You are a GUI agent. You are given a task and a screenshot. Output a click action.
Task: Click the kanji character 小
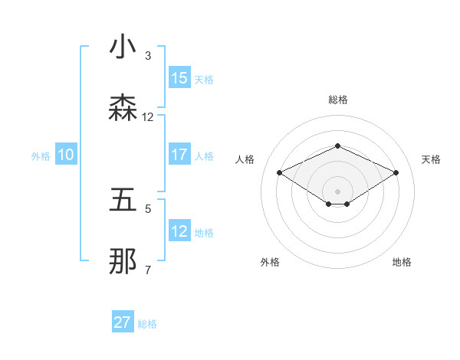(x=123, y=47)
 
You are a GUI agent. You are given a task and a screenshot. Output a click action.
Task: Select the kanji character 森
(x=123, y=109)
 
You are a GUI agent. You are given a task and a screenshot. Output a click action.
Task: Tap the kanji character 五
(x=123, y=201)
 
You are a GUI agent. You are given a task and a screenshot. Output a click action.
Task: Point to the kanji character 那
(x=123, y=262)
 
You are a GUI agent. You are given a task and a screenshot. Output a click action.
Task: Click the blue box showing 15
(x=179, y=78)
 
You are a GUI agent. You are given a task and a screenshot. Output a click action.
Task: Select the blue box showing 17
(x=179, y=155)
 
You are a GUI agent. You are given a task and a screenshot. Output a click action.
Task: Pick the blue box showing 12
(x=179, y=231)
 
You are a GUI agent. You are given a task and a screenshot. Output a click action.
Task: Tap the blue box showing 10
(x=66, y=155)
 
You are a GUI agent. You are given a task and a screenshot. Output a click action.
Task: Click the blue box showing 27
(x=123, y=322)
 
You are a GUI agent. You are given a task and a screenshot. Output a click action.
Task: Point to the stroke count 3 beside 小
(x=148, y=56)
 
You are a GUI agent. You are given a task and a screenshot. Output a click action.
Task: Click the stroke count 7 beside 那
(x=148, y=270)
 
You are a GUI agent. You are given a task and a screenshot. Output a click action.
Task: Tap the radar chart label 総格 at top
(x=337, y=100)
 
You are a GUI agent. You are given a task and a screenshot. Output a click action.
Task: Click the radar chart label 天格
(x=431, y=159)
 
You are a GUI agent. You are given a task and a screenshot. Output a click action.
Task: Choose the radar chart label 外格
(x=270, y=262)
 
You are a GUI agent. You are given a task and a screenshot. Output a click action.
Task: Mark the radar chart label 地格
(x=402, y=262)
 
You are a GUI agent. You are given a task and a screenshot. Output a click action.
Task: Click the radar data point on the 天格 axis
(x=396, y=172)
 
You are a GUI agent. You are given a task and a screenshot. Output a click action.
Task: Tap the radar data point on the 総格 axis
(x=337, y=146)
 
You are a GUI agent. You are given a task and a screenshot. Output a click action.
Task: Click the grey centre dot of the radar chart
(x=337, y=191)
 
